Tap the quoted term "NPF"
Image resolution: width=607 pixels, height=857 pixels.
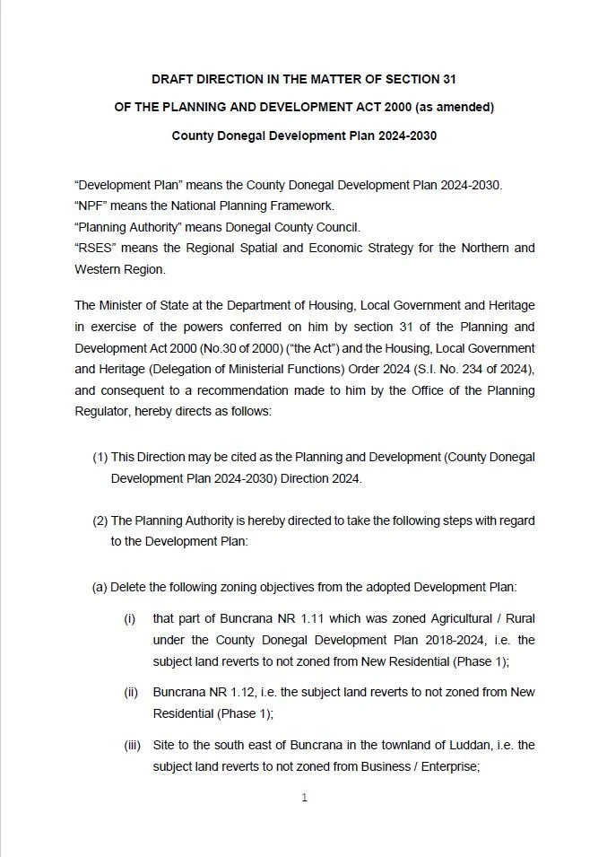pos(91,206)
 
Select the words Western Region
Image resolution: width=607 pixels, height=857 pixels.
pos(120,269)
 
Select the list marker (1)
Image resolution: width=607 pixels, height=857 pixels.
pos(100,457)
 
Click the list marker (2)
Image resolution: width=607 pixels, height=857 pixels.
pos(100,520)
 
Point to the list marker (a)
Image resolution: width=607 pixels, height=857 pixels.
pos(100,588)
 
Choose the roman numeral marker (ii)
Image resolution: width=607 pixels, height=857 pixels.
pos(132,693)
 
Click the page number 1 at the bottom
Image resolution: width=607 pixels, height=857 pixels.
pos(304,798)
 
